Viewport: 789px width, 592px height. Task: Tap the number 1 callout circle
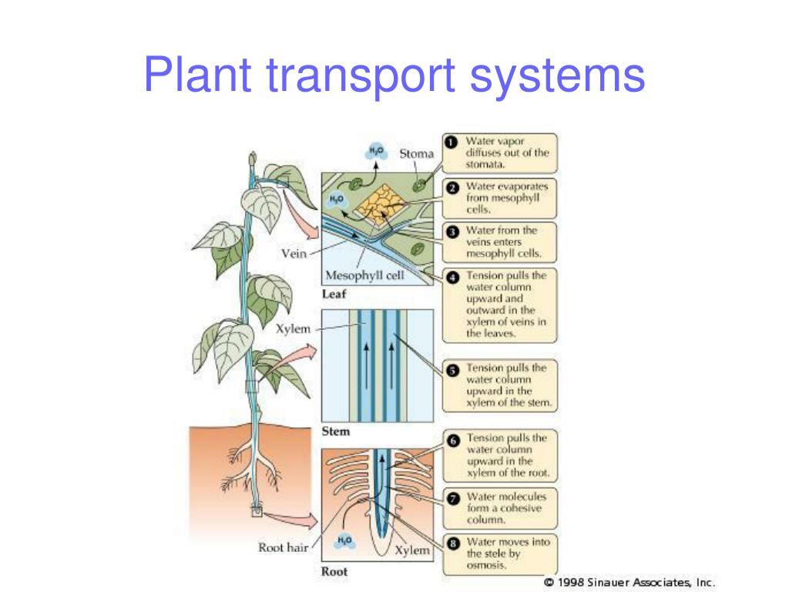pyautogui.click(x=451, y=142)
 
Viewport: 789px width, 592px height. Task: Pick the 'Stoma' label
pyautogui.click(x=416, y=154)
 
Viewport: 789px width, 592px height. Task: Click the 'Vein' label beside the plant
pyautogui.click(x=294, y=254)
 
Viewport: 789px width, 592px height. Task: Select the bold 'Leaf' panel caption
pyautogui.click(x=334, y=294)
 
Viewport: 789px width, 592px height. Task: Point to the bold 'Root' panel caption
pyautogui.click(x=334, y=572)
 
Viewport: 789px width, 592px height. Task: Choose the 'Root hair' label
pyautogui.click(x=283, y=549)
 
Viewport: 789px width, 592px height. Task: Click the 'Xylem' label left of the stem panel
pyautogui.click(x=294, y=329)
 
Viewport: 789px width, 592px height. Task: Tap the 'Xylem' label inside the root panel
pyautogui.click(x=411, y=550)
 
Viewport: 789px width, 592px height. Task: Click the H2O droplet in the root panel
pyautogui.click(x=344, y=542)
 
